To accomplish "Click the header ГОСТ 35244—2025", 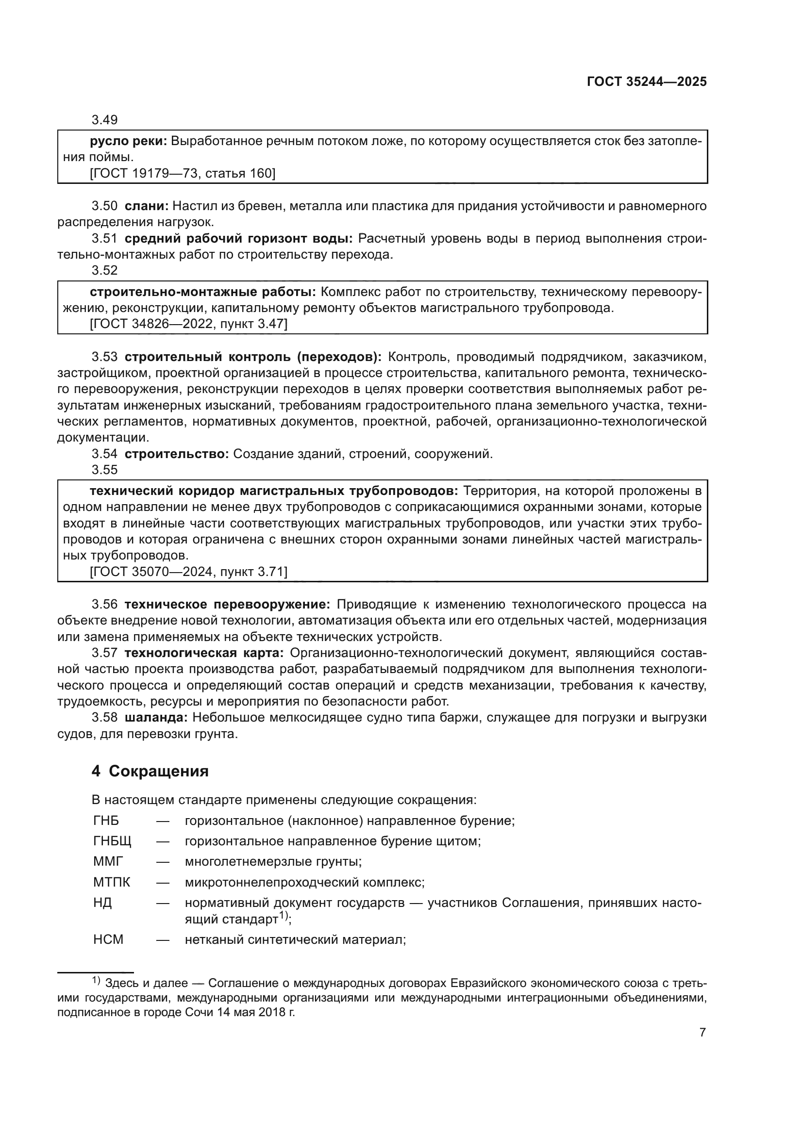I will [646, 82].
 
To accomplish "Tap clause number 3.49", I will [104, 120].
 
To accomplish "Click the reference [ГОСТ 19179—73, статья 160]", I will [183, 174].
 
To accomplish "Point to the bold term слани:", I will [146, 206].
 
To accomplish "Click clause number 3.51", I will [104, 239].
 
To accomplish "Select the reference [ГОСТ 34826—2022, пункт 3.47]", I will [188, 324].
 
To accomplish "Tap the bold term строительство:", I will [177, 454].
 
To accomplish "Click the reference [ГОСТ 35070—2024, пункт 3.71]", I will [188, 572].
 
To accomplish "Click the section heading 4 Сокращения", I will [150, 771].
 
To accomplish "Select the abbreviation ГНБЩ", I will [112, 841].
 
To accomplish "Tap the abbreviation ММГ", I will [107, 862].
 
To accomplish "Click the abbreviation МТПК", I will [111, 882].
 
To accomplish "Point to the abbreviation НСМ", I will [108, 939].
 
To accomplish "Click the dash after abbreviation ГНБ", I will [163, 821].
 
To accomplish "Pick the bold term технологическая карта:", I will [204, 653].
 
